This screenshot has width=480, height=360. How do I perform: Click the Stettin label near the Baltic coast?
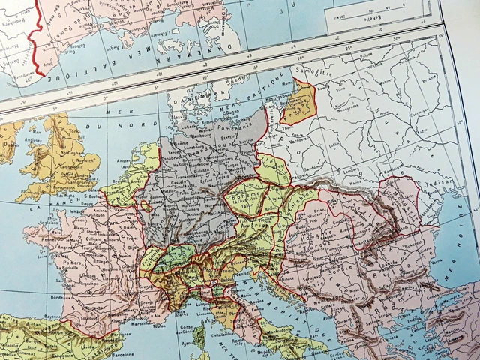point(226,137)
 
